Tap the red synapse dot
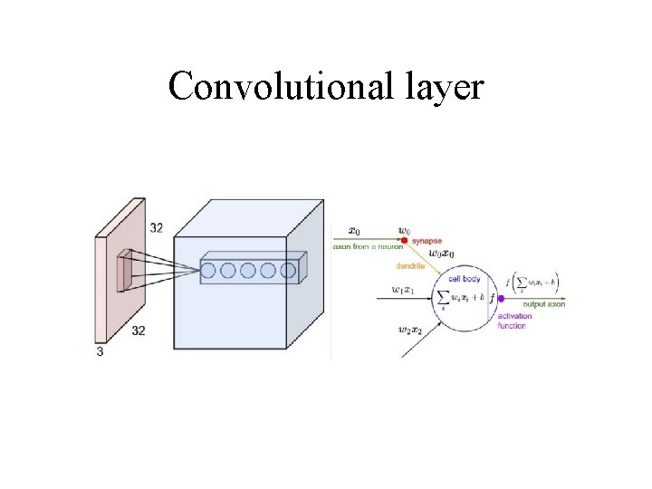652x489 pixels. pos(404,240)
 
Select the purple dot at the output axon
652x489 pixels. pos(501,298)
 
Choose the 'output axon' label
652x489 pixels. pos(543,305)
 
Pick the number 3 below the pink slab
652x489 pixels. pos(100,350)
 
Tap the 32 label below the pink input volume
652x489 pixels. pos(138,331)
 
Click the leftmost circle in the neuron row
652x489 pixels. pos(211,270)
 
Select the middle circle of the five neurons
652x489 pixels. pos(249,270)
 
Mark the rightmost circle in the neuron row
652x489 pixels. pos(287,270)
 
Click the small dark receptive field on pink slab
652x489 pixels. pos(123,271)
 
